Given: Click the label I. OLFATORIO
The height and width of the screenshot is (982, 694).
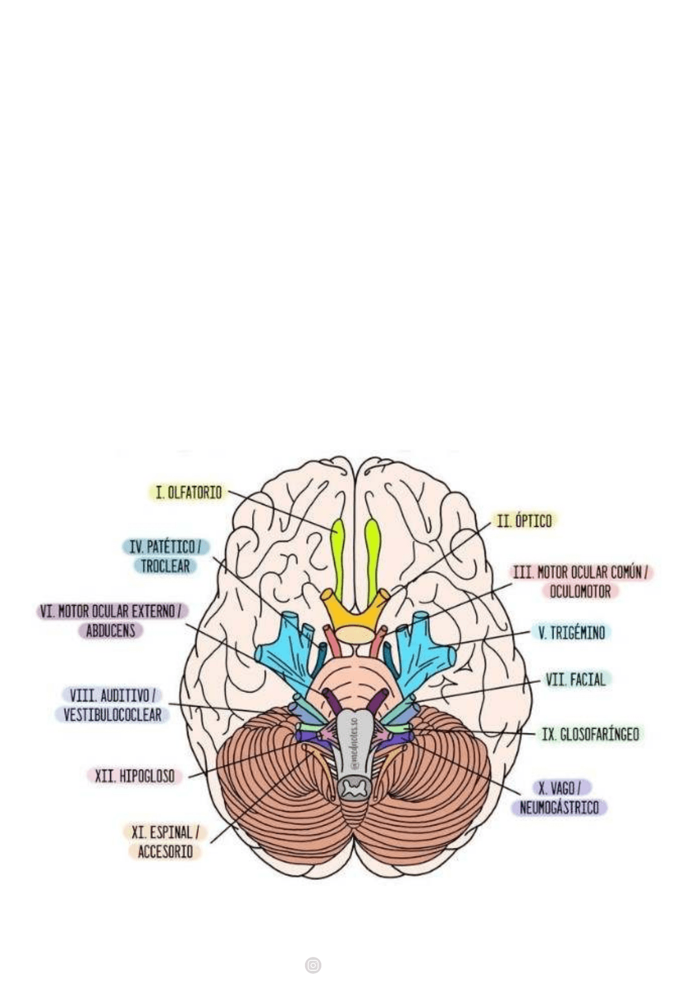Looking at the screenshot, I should pyautogui.click(x=188, y=492).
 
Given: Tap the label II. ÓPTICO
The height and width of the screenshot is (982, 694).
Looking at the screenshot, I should pyautogui.click(x=524, y=520).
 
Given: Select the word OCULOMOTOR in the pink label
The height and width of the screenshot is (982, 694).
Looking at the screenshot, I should pyautogui.click(x=580, y=592).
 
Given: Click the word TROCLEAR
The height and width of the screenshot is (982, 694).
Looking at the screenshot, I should pyautogui.click(x=165, y=566).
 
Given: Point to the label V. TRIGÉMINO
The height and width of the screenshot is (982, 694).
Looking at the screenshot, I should pyautogui.click(x=571, y=632).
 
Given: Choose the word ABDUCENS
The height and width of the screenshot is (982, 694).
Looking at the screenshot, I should pyautogui.click(x=111, y=631).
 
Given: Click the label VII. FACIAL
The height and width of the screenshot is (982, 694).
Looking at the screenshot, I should pyautogui.click(x=575, y=679).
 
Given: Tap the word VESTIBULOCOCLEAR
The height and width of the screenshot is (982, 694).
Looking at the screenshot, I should pyautogui.click(x=112, y=715).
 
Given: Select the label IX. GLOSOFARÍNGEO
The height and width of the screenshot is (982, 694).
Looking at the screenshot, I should pyautogui.click(x=590, y=734).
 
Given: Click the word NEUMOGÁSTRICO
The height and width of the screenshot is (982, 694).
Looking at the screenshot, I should pyautogui.click(x=559, y=808).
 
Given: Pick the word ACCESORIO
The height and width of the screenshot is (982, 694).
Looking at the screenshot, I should pyautogui.click(x=165, y=852).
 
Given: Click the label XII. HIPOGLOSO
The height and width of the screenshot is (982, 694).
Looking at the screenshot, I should pyautogui.click(x=134, y=776).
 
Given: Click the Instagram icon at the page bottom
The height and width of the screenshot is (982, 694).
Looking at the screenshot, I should pyautogui.click(x=313, y=965).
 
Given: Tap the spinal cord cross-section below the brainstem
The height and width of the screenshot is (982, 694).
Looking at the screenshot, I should pyautogui.click(x=352, y=789).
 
